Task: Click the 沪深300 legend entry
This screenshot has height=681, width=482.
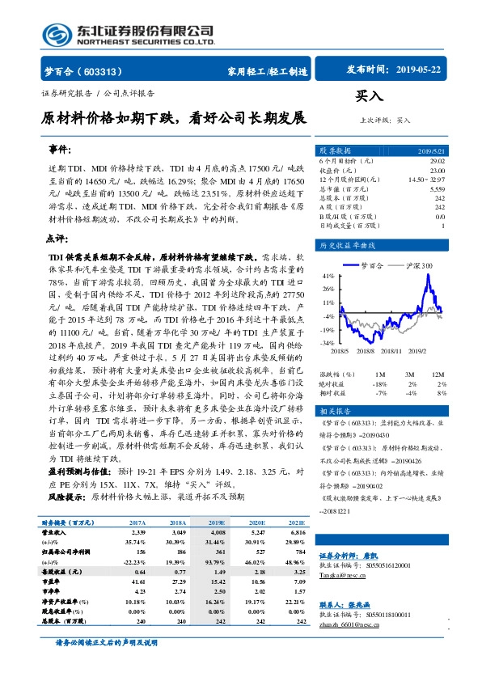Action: (418, 264)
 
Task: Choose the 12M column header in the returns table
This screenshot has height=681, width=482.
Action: (439, 374)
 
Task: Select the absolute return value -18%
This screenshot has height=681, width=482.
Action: (378, 383)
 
